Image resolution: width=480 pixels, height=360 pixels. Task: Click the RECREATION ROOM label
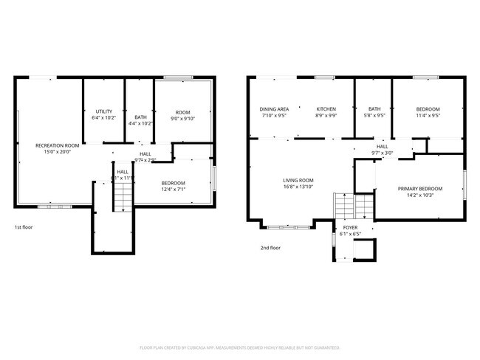click(x=58, y=145)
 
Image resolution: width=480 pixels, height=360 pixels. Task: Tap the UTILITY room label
click(x=104, y=111)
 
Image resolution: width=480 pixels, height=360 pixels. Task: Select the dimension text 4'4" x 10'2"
click(x=140, y=123)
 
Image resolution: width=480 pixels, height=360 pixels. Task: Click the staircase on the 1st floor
click(x=122, y=196)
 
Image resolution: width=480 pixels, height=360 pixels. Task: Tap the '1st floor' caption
click(x=24, y=227)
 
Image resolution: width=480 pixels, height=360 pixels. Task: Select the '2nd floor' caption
click(x=270, y=248)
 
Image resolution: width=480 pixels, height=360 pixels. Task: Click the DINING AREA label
click(x=273, y=109)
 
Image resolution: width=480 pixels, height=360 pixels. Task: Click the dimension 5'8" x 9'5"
click(x=375, y=116)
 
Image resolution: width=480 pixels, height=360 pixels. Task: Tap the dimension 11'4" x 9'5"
click(x=428, y=116)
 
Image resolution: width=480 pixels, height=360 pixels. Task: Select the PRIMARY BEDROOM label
click(x=419, y=189)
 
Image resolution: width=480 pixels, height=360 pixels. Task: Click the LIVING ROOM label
click(x=298, y=180)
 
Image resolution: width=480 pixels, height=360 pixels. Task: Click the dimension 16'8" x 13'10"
click(x=298, y=187)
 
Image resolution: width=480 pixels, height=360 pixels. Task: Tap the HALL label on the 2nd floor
click(x=383, y=147)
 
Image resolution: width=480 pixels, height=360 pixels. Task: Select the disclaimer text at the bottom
click(x=239, y=347)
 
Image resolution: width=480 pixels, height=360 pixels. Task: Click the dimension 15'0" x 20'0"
click(x=58, y=152)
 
